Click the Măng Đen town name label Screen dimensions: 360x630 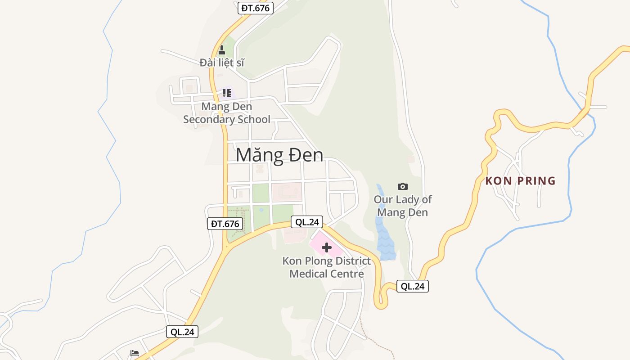click(279, 155)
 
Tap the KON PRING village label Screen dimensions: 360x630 click(520, 181)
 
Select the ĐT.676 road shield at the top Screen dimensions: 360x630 click(255, 8)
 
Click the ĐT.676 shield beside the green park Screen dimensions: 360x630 click(225, 224)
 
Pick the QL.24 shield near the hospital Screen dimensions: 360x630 click(308, 222)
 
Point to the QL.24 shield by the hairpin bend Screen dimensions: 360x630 click(412, 286)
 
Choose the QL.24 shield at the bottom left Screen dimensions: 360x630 click(182, 332)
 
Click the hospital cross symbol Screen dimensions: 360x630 click(327, 247)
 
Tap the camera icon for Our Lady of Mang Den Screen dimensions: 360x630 click(403, 186)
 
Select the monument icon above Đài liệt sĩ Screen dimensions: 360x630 click(221, 49)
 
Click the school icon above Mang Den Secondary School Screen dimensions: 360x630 click(227, 93)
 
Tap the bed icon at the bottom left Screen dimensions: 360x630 click(134, 353)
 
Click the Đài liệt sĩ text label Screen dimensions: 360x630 click(222, 63)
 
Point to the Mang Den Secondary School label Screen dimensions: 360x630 click(226, 113)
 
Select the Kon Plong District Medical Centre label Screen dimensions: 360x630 click(326, 267)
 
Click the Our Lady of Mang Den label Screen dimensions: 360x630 click(402, 206)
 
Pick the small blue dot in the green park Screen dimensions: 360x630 click(261, 209)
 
